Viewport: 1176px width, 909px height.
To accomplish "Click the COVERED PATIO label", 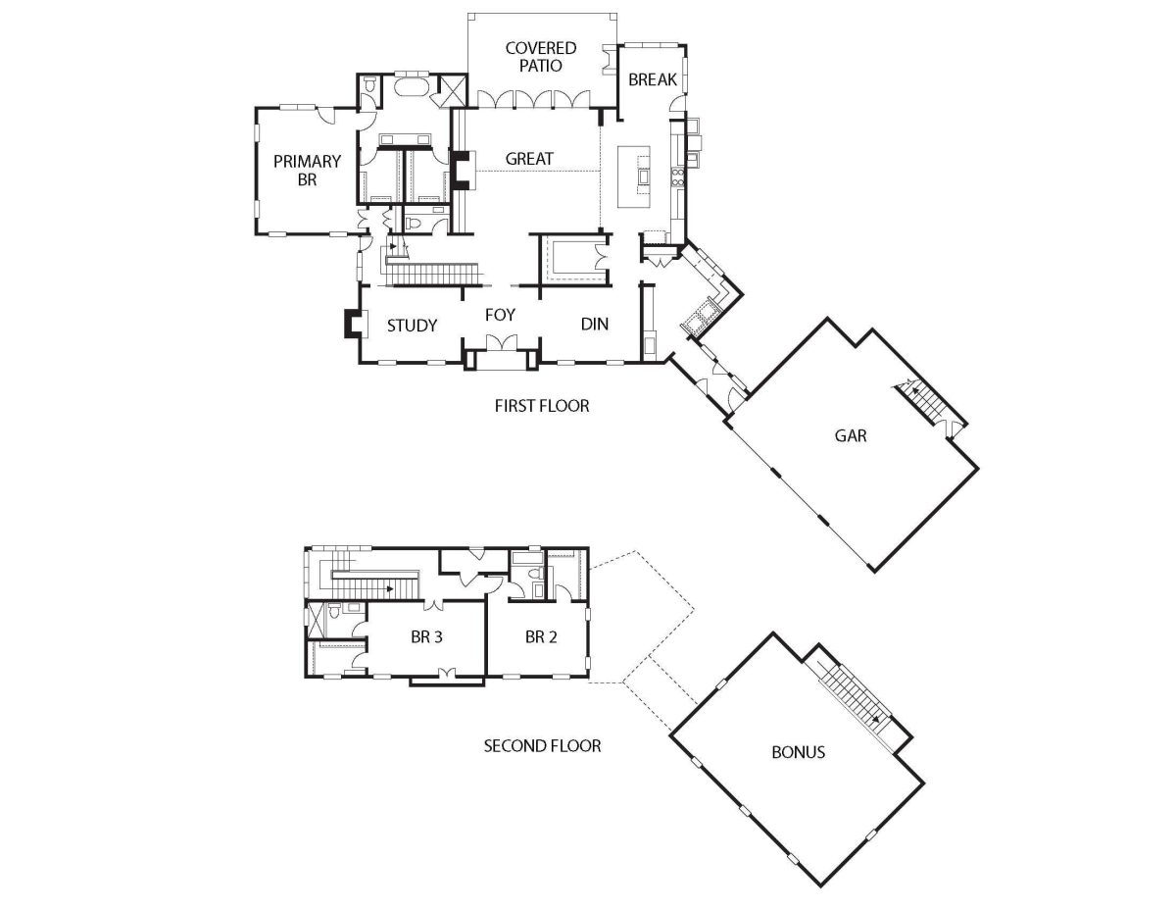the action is tap(541, 57).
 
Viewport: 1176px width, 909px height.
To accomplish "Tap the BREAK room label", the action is tap(652, 79).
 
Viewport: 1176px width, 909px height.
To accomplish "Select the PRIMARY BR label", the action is tap(307, 170).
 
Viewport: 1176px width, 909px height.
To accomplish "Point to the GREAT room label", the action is tap(529, 159).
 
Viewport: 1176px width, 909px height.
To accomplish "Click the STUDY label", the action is tap(412, 326).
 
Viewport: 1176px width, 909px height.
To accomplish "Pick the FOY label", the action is tap(500, 315).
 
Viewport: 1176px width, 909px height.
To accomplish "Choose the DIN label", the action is tap(595, 324).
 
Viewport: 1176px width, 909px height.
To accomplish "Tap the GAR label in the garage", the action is tap(851, 435).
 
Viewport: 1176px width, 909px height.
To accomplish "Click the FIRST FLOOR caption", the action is tap(542, 406).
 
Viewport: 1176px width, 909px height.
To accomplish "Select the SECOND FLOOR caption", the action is tap(542, 745).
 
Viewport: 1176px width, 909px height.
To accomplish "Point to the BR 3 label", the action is tap(426, 636).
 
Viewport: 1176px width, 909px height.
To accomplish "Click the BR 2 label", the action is tap(541, 636).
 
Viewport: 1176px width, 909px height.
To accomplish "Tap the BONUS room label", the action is tap(799, 752).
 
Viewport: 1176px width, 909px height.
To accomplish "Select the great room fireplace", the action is tap(464, 170).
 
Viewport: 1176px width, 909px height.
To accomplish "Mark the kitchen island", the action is tap(634, 177).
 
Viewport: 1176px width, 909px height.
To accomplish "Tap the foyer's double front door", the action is tap(502, 342).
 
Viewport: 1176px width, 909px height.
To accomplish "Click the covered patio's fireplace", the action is tap(610, 60).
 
